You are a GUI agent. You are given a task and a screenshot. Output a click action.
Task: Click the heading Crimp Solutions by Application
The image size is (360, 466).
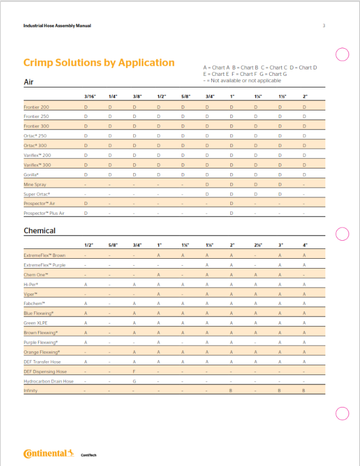[x=99, y=63]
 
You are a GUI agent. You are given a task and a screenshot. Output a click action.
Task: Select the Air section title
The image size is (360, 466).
[x=28, y=82]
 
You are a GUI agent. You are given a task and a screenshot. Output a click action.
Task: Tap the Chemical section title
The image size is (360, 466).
[x=39, y=230]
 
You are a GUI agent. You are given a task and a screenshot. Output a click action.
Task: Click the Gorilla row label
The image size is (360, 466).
[x=31, y=174]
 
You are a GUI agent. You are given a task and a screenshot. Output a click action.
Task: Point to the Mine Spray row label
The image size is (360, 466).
[x=35, y=184]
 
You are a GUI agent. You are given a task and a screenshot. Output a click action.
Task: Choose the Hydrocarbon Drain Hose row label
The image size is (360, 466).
[x=49, y=381]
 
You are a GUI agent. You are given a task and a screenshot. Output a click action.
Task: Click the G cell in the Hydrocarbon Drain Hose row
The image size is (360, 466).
[x=134, y=381]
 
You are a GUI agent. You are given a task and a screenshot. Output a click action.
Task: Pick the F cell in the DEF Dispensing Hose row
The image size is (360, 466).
[x=134, y=372]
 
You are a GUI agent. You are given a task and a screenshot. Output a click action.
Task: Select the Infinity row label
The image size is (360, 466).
[x=31, y=391]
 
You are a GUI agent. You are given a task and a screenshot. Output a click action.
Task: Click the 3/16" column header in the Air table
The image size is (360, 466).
[x=90, y=96]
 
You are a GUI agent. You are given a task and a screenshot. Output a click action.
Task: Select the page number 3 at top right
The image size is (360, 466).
[x=324, y=25]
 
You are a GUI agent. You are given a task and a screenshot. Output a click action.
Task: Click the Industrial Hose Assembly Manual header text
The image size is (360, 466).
[x=57, y=25]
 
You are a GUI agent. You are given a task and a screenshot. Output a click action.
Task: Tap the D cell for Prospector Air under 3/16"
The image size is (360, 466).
[x=86, y=203]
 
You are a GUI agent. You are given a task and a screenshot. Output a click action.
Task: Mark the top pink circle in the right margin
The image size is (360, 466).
[x=342, y=54]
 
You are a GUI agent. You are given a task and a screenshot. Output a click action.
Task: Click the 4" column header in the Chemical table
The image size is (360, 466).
[x=304, y=244]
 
